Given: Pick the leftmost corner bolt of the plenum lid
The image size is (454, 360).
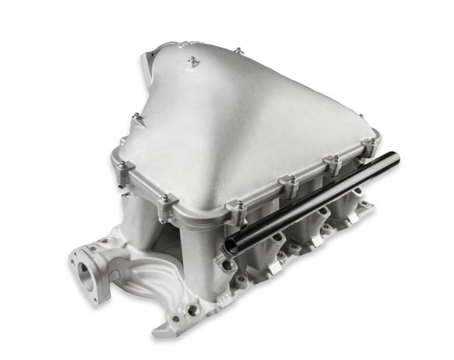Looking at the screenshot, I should point(120,166).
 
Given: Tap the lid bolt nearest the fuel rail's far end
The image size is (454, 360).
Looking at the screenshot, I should point(370,143).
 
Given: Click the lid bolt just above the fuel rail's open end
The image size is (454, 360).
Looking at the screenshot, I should point(238,206).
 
